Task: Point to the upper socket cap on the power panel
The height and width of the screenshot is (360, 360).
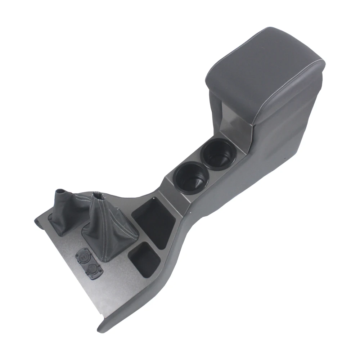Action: click(82, 257)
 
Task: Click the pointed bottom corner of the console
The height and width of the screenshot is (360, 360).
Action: click(101, 328)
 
